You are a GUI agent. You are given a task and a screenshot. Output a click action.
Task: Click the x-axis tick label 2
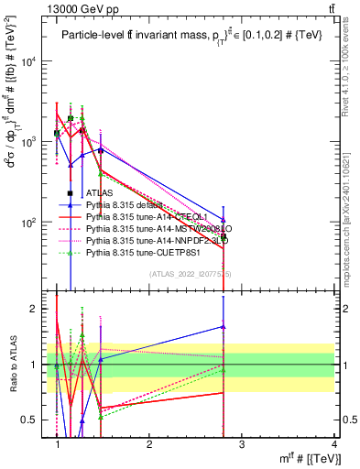tap(149, 443)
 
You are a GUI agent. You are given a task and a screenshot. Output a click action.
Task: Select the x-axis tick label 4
tap(334, 443)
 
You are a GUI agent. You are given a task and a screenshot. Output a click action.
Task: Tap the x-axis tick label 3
tap(242, 443)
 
